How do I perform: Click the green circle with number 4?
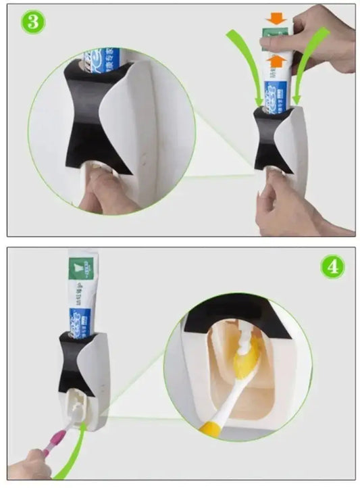tap(331, 266)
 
